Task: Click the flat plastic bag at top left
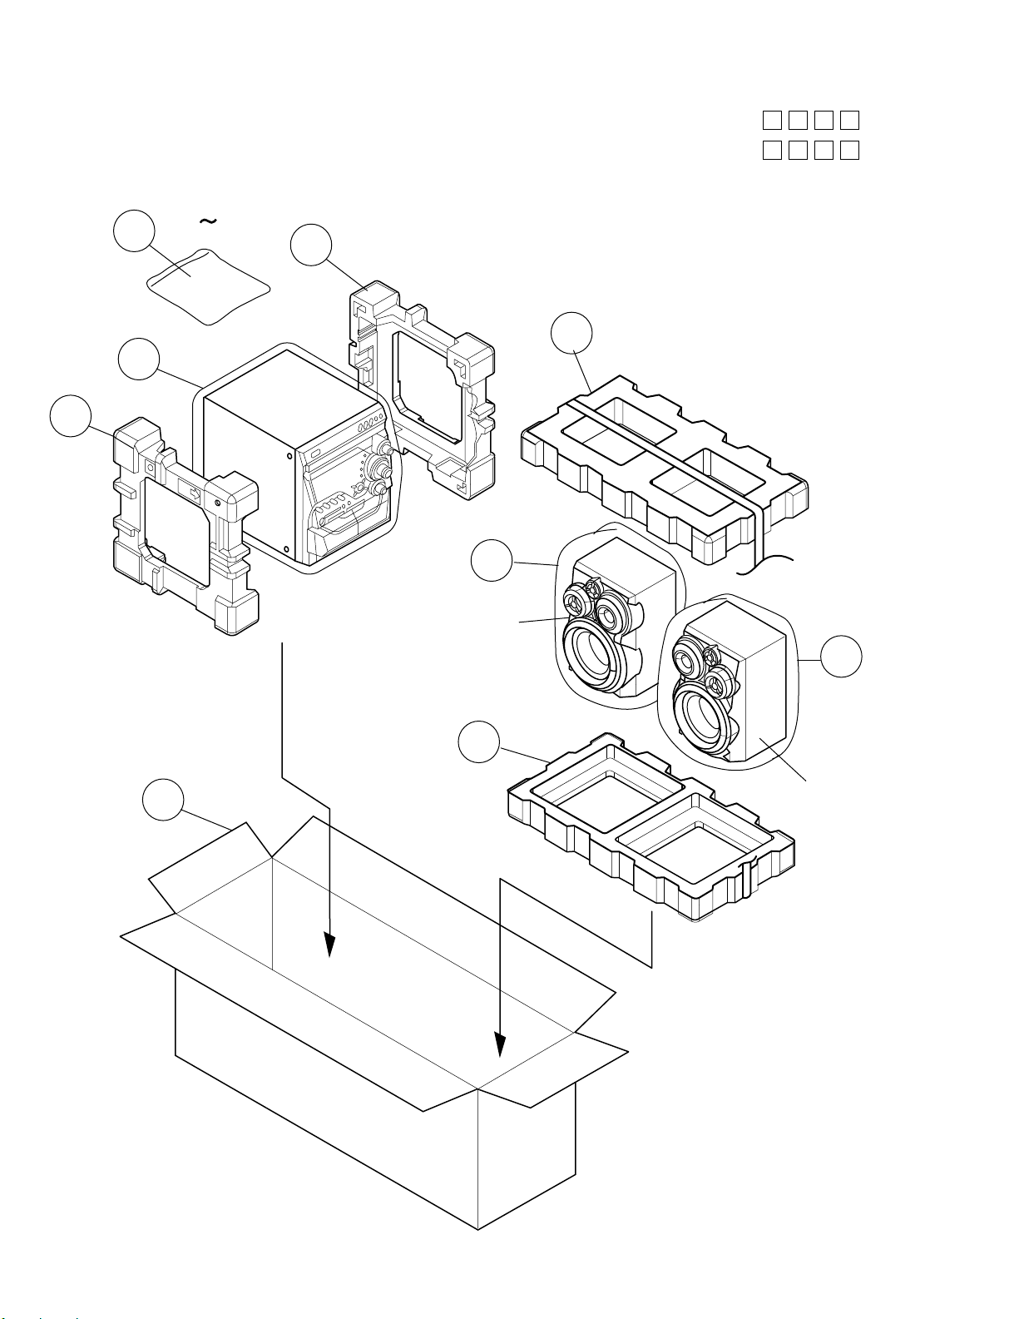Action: [x=208, y=285]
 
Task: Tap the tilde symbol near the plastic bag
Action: [x=208, y=221]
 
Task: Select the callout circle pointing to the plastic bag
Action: [x=134, y=232]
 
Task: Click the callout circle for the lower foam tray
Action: [x=480, y=742]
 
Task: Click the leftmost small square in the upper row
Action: [x=771, y=121]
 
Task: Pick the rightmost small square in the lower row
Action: [x=849, y=151]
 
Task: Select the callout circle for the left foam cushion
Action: [x=70, y=415]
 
